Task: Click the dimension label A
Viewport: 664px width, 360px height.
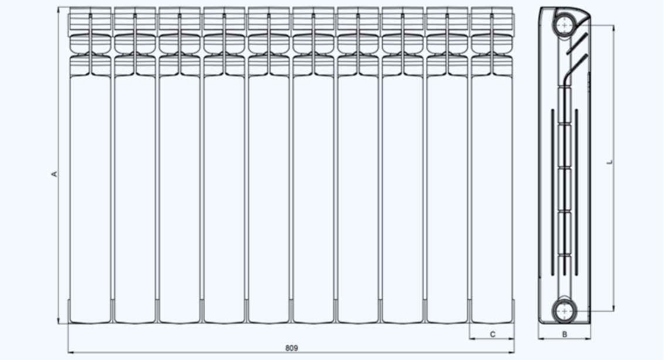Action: click(54, 174)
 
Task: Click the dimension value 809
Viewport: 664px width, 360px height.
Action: click(292, 348)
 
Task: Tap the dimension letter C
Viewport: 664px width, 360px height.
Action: click(492, 335)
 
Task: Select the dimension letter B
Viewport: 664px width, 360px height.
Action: click(564, 335)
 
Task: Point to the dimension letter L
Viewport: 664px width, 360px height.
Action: click(610, 162)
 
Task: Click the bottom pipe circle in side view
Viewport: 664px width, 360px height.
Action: click(564, 311)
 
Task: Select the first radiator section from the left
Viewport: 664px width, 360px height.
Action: click(90, 165)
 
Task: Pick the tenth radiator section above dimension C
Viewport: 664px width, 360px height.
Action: click(492, 165)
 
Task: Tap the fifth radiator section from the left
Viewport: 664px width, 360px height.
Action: click(268, 165)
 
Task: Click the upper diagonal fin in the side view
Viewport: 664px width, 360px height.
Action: click(577, 43)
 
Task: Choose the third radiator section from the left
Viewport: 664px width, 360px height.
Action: click(179, 165)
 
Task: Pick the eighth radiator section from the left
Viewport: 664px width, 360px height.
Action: click(402, 165)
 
